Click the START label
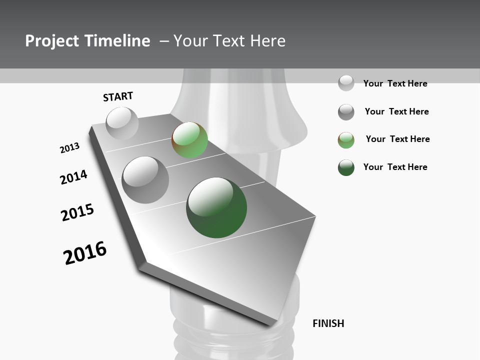(118, 96)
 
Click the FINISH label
(328, 323)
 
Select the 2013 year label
(69, 147)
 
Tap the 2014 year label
(73, 177)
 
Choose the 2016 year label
(85, 252)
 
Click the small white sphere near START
(122, 123)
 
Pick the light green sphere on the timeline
(189, 140)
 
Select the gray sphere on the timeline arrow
(145, 179)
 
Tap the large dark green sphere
(216, 207)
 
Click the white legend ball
(346, 83)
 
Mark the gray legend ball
(346, 112)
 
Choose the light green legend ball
(346, 140)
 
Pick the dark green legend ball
(346, 167)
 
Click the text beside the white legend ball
(395, 83)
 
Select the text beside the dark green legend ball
(395, 167)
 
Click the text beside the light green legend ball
(397, 139)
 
